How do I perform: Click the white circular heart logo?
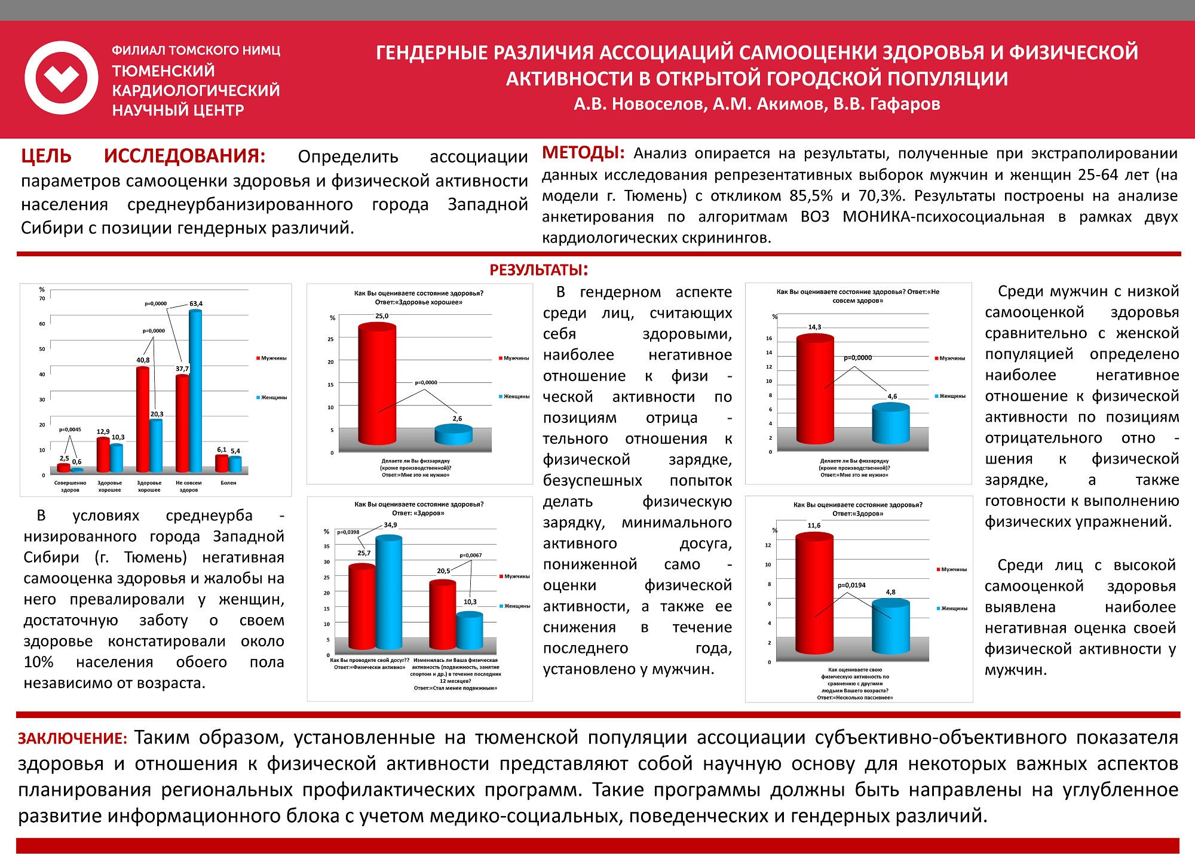coord(62,78)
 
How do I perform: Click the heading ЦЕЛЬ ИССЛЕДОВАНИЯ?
coord(143,156)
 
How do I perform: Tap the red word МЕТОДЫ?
coord(583,153)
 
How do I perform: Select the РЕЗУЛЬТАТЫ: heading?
coord(538,270)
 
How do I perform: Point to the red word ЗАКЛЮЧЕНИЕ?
coord(72,738)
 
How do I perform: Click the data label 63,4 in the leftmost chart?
coord(196,303)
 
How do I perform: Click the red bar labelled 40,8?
coord(143,418)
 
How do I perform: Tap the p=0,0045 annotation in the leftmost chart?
coord(70,429)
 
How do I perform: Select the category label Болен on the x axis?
coord(228,483)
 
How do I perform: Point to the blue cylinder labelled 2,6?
coord(454,434)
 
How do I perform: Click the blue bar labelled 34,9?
coord(388,591)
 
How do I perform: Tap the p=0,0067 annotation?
coord(471,555)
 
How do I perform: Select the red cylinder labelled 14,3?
coord(815,388)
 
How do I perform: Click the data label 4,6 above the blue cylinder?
coord(892,396)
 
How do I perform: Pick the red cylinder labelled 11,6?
coord(814,591)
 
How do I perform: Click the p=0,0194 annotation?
coord(851,585)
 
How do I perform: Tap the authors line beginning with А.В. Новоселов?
coord(757,104)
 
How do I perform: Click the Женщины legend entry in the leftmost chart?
coord(272,397)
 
